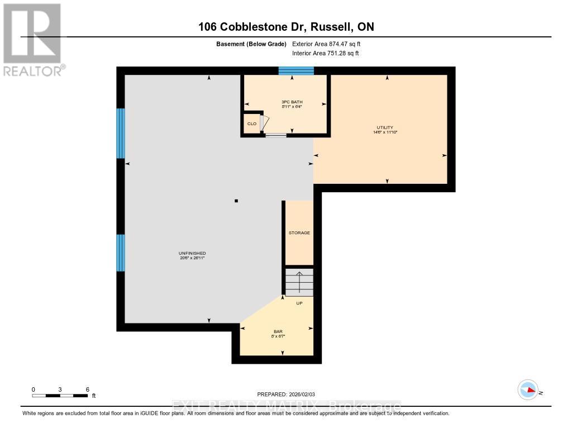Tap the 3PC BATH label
click(292, 102)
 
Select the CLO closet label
click(252, 123)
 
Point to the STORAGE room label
click(299, 232)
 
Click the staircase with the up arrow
click(299, 282)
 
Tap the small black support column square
click(236, 201)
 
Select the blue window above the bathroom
click(296, 70)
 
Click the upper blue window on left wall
click(120, 133)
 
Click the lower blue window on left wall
click(120, 253)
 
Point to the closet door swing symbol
click(265, 123)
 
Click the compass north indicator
click(528, 389)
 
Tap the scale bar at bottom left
click(60, 396)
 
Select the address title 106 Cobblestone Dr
click(285, 27)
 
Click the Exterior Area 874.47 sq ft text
click(330, 44)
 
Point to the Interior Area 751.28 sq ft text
click(325, 54)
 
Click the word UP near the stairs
click(299, 303)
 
